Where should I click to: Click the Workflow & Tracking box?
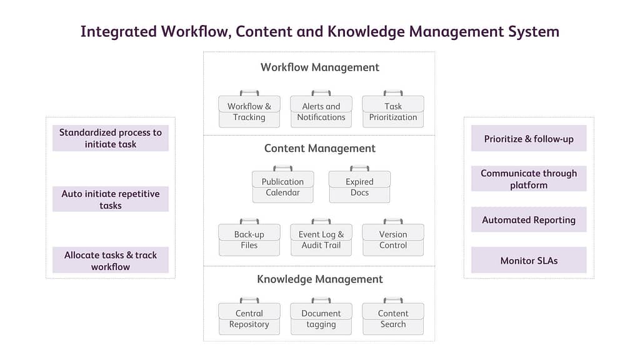tap(249, 111)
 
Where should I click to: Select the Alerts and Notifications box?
tap(321, 111)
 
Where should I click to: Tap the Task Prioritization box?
tap(393, 111)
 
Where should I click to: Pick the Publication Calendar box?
tap(282, 187)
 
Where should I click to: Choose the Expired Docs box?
tap(359, 187)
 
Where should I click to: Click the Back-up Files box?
tap(249, 239)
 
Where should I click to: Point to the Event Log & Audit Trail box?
tap(321, 239)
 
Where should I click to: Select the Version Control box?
tap(393, 239)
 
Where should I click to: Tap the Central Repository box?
tap(249, 319)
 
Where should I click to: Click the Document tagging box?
tap(321, 319)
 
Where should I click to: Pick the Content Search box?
tap(393, 319)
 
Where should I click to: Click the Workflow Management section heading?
tap(320, 67)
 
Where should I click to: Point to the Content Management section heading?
tap(320, 149)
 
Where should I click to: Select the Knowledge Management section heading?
tap(320, 279)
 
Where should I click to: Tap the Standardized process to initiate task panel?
tap(111, 138)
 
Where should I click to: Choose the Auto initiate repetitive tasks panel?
tap(111, 199)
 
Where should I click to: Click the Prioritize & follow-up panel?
tap(529, 138)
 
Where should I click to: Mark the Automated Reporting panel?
tap(529, 219)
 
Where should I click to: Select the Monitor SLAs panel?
tap(529, 260)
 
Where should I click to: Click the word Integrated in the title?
tap(118, 32)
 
